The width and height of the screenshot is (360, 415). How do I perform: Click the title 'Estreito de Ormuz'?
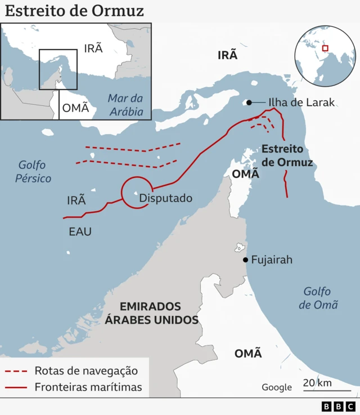75,11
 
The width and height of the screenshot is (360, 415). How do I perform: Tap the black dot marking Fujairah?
245,260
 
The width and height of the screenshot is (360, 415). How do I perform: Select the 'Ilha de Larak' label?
301,102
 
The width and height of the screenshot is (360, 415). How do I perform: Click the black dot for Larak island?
247,102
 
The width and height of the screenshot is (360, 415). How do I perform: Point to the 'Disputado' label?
165,198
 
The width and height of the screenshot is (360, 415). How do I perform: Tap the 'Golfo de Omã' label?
318,298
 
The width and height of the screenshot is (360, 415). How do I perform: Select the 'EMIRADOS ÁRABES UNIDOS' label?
151,313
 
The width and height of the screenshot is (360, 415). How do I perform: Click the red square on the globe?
325,48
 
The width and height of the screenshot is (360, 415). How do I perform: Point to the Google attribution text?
277,387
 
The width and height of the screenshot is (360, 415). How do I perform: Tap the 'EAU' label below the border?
80,231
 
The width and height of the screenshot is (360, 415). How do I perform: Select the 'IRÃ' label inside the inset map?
93,48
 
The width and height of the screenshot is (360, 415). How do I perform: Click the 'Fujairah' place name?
272,260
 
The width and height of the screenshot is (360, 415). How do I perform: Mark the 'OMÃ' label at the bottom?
248,354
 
